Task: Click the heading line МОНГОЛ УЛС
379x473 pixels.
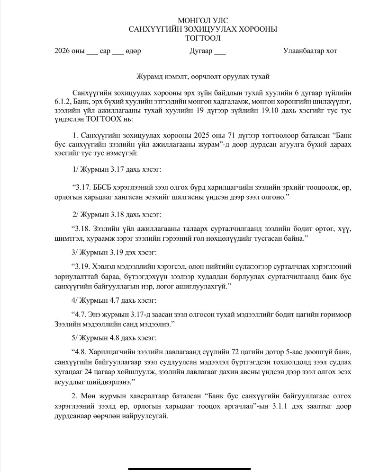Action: (203, 20)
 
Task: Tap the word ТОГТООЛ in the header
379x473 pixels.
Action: (203, 38)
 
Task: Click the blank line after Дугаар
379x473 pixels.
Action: (220, 51)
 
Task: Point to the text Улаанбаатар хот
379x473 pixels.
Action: (310, 51)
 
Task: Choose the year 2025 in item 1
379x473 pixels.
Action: (189, 135)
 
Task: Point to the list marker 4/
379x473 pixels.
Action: (75, 300)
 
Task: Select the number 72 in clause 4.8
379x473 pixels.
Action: (232, 352)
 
